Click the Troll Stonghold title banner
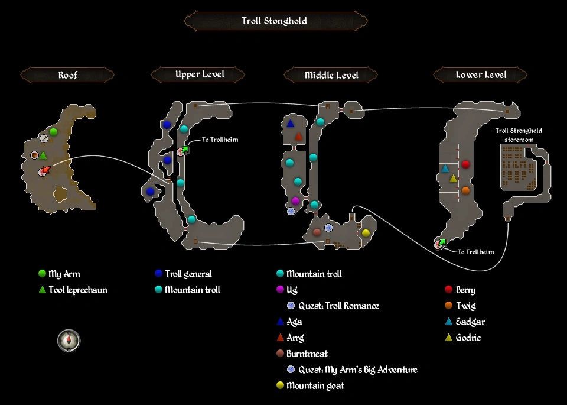(x=275, y=21)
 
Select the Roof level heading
(x=67, y=75)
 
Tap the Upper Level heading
(x=200, y=74)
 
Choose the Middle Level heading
(x=331, y=75)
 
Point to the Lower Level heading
(x=481, y=75)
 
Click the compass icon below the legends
(x=69, y=341)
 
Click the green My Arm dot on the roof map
(x=53, y=132)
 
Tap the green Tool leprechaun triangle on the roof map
(x=43, y=155)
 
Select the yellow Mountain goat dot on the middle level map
(x=366, y=233)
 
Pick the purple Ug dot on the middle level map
(x=295, y=201)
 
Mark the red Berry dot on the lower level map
(x=465, y=164)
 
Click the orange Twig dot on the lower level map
(x=465, y=190)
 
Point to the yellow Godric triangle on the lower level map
(x=453, y=179)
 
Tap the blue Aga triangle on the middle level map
(x=290, y=124)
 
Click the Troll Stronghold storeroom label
(x=519, y=135)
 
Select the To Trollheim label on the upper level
(x=220, y=140)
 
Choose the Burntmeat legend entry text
(x=307, y=354)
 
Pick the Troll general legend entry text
(x=188, y=274)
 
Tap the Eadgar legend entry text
(x=470, y=322)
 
